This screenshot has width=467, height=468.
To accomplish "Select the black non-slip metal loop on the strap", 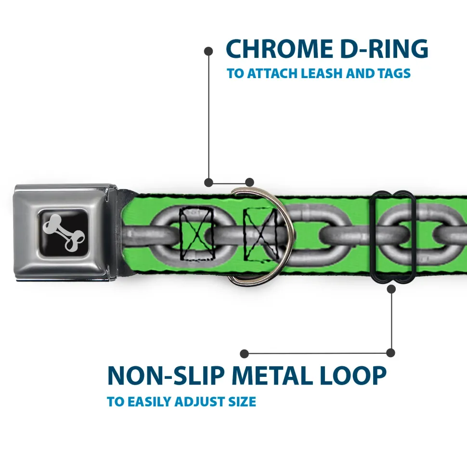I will (393, 237).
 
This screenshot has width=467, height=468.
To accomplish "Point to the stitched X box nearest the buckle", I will (196, 233).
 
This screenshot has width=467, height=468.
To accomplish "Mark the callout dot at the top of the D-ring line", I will (208, 51).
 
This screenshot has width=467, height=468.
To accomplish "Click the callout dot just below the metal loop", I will (391, 289).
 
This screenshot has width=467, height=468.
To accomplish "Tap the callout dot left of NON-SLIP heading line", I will (245, 354).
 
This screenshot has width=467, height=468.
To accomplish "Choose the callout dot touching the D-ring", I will (249, 182).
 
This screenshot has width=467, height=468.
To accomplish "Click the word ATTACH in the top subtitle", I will (272, 74).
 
